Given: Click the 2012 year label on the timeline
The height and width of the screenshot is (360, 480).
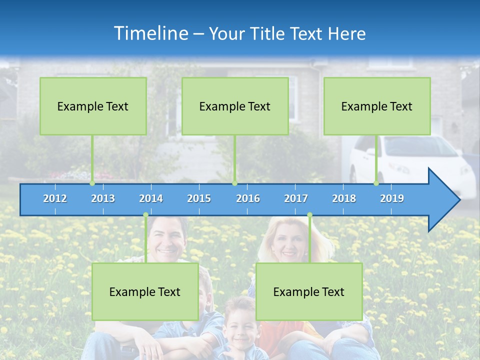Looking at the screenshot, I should tap(55, 198).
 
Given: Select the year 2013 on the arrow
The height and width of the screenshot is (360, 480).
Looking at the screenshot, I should tap(103, 198).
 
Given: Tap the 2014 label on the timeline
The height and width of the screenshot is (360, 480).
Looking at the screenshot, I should tap(151, 198).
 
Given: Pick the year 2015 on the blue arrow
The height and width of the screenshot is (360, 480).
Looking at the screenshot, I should tap(199, 198).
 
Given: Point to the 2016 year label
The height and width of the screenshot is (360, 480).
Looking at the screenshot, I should tap(248, 198).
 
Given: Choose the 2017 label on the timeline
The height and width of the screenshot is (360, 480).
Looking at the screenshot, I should tap(296, 198).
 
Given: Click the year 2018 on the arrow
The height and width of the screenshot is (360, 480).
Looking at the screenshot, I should tap(344, 198).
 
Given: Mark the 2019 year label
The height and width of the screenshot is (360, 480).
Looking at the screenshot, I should tap(392, 198).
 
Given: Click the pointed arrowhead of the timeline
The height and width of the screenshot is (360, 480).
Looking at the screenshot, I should tap(445, 200).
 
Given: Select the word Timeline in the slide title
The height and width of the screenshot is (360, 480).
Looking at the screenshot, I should tap(151, 33).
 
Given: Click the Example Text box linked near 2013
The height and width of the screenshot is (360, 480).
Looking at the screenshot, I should tap(93, 106).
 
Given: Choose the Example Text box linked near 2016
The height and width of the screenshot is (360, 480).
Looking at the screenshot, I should tap(235, 106).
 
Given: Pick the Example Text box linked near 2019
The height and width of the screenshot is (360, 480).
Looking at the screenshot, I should tap(377, 106).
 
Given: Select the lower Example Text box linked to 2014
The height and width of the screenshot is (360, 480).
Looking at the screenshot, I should tap(145, 291).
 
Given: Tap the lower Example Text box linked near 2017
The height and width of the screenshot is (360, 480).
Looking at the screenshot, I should tap(309, 291).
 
